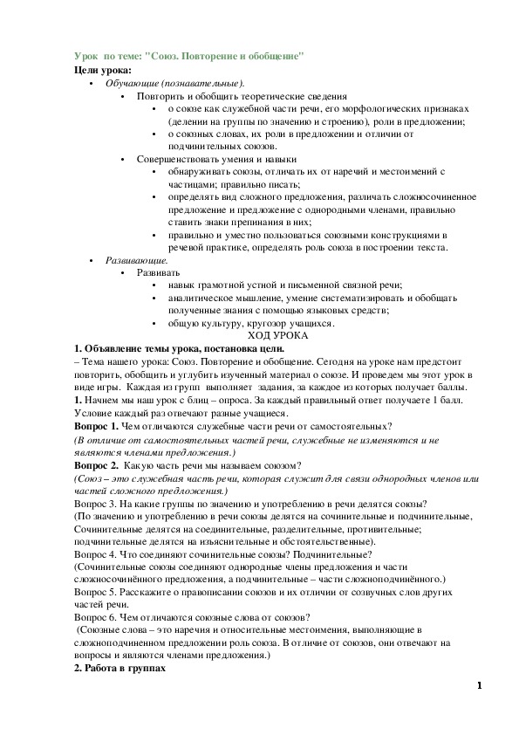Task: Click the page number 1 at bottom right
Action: pos(479,685)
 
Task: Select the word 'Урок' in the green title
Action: pos(86,56)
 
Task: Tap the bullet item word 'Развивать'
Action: pos(159,273)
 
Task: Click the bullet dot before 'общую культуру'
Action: pos(154,323)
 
